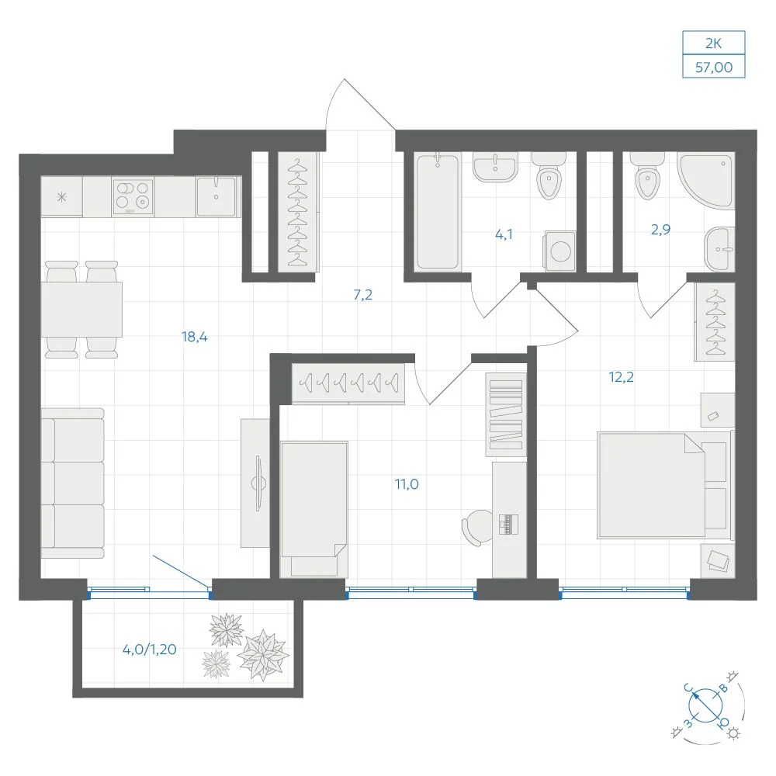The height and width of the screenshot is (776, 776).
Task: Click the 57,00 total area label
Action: (714, 67)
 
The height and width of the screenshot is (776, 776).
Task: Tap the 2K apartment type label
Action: (714, 43)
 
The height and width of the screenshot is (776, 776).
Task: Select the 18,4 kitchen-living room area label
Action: (195, 337)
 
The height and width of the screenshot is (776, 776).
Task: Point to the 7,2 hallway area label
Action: (362, 295)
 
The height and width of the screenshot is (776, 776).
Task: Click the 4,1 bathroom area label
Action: (504, 234)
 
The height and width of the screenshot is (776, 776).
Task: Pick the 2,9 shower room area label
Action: (660, 229)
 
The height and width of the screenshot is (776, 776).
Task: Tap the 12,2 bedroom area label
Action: (621, 377)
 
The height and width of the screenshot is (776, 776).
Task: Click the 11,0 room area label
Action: (407, 484)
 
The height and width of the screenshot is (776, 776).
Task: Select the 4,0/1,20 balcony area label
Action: (150, 650)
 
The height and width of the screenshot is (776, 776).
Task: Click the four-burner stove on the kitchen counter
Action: (133, 196)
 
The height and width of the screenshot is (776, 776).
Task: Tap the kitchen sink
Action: (217, 196)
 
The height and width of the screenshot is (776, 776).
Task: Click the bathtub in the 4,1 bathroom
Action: (437, 212)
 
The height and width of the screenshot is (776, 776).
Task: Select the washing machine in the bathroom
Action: (560, 251)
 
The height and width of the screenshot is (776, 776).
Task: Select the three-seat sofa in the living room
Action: (72, 483)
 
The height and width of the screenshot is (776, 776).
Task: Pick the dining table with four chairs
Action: (81, 310)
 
